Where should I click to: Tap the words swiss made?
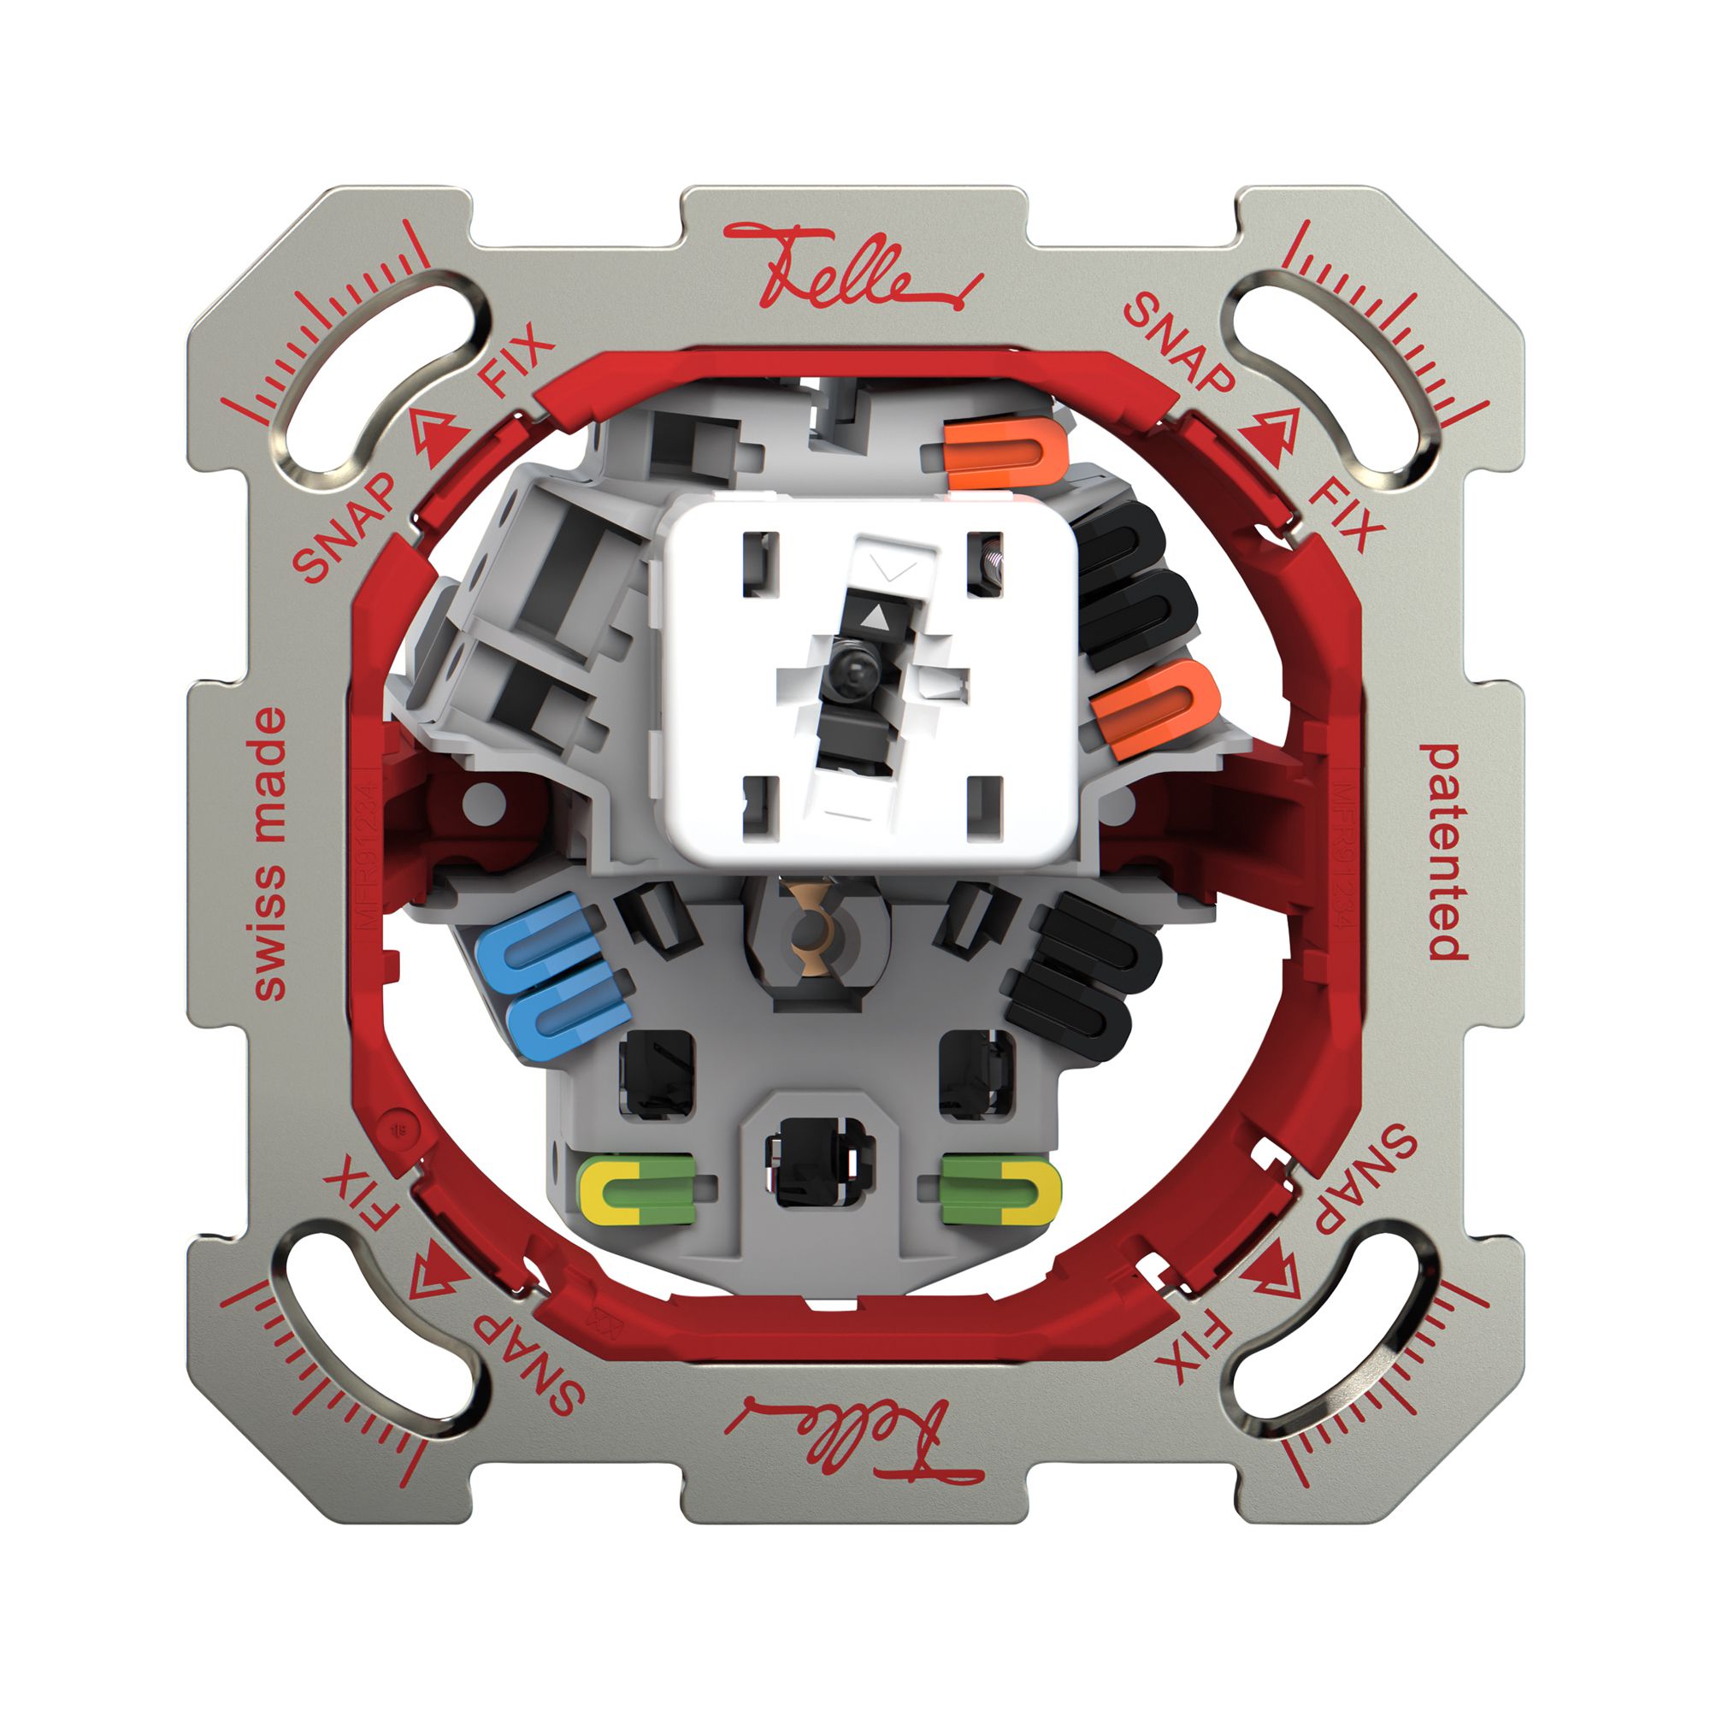point(270,854)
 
